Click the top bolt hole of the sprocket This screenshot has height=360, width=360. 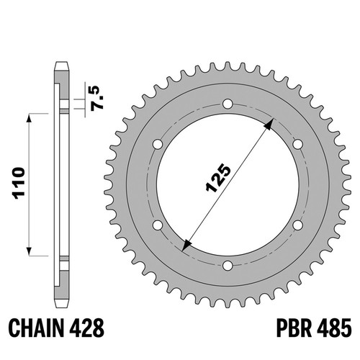(228, 104)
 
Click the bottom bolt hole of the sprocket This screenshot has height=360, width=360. (228, 266)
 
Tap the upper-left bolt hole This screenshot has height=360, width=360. (158, 145)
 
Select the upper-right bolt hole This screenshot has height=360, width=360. (297, 145)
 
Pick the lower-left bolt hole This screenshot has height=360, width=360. (158, 225)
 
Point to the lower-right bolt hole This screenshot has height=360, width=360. (297, 225)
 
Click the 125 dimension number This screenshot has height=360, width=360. (218, 178)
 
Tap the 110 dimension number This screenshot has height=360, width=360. (19, 183)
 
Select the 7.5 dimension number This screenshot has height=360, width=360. (98, 98)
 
